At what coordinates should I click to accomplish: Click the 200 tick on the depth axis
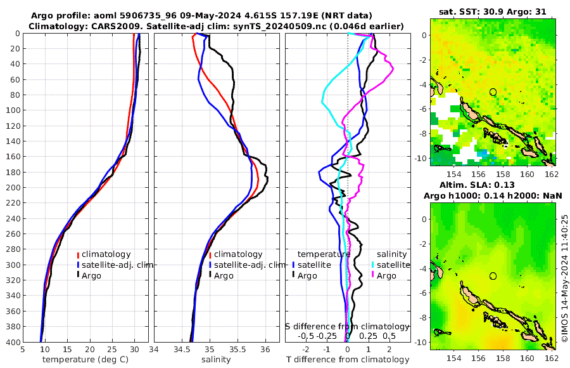pyautogui.click(x=13, y=187)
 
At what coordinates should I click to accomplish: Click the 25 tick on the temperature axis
pyautogui.click(x=112, y=349)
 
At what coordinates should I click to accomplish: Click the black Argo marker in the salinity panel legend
pyautogui.click(x=210, y=275)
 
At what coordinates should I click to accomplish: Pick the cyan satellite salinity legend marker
pyautogui.click(x=373, y=265)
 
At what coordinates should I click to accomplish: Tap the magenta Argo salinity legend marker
pyautogui.click(x=373, y=275)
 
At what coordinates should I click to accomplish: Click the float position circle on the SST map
pyautogui.click(x=493, y=92)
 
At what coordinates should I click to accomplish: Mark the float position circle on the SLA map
pyautogui.click(x=493, y=276)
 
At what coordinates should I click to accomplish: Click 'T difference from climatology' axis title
pyautogui.click(x=348, y=360)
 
